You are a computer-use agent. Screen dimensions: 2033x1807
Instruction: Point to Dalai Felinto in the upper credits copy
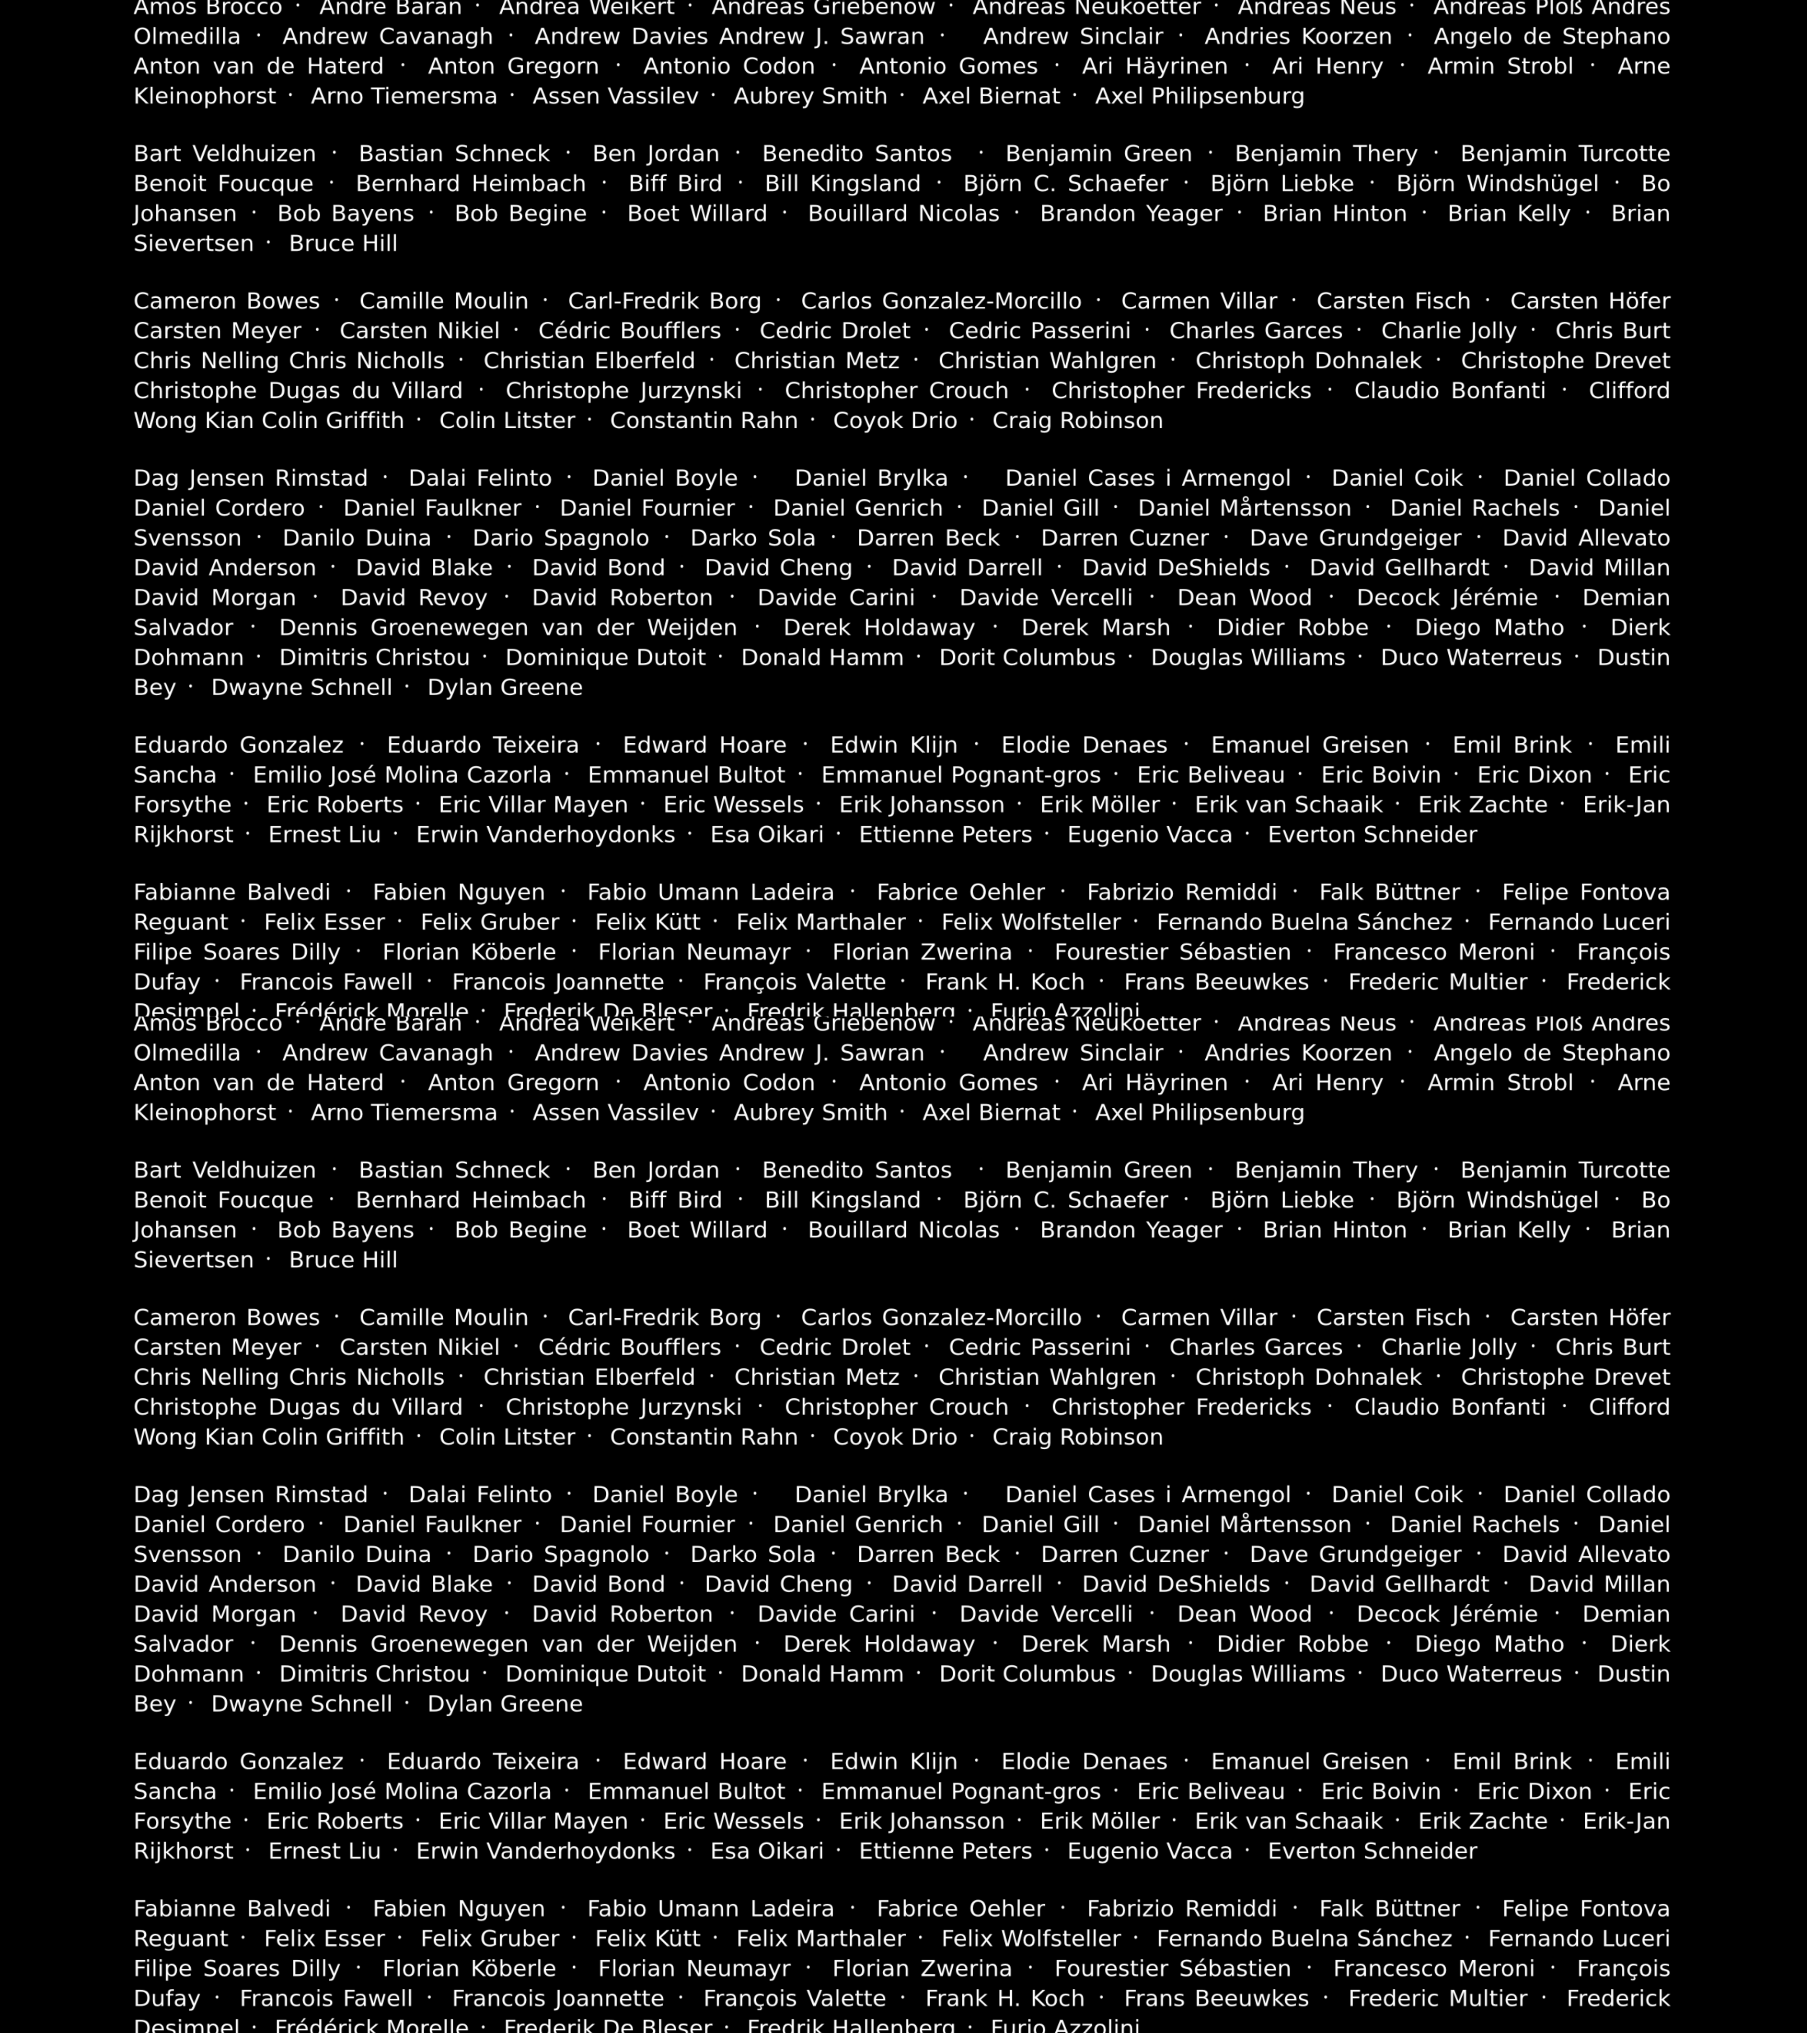pyautogui.click(x=479, y=478)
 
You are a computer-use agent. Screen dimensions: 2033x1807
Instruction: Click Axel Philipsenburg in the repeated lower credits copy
pyautogui.click(x=1199, y=1113)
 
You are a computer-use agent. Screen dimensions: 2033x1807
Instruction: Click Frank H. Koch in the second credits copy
pyautogui.click(x=1004, y=1998)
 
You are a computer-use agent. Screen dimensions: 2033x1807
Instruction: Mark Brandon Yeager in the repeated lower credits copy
pyautogui.click(x=1131, y=1230)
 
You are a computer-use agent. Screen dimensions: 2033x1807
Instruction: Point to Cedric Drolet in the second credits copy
pyautogui.click(x=834, y=1348)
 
